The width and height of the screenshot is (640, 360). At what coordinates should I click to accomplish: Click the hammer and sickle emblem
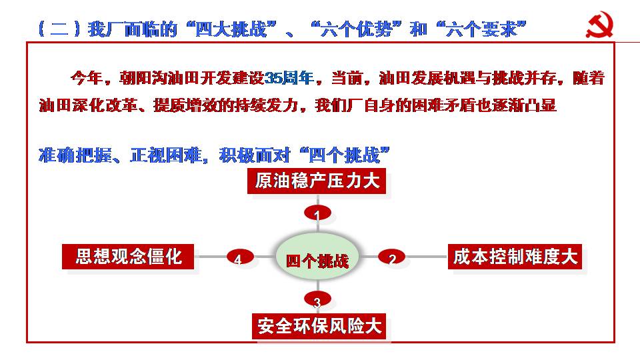tap(599, 25)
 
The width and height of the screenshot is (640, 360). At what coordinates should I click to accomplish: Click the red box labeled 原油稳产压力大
tap(317, 181)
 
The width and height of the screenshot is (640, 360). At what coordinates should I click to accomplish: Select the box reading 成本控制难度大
tap(515, 257)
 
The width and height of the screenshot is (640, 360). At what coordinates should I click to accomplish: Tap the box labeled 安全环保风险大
tap(319, 326)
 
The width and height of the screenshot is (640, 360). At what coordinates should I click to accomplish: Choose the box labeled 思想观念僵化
tap(128, 257)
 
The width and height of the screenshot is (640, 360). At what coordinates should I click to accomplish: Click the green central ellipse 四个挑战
tap(317, 257)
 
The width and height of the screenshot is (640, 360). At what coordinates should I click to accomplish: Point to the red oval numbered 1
tap(317, 213)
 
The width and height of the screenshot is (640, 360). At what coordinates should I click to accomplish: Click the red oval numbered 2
tap(392, 257)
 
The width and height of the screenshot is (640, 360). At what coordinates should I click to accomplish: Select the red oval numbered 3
tap(317, 299)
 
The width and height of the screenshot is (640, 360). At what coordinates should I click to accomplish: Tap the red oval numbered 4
tap(240, 257)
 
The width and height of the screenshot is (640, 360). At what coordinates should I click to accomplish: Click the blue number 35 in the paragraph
tap(273, 77)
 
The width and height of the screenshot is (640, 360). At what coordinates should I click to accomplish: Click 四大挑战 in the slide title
tap(231, 29)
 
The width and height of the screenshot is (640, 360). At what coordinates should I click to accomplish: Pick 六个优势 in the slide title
tap(356, 29)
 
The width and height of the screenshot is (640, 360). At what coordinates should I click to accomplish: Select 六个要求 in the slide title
tap(481, 29)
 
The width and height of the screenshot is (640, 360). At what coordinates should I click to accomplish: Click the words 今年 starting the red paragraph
tap(86, 77)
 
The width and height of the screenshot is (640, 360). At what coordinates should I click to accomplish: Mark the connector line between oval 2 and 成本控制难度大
tap(427, 257)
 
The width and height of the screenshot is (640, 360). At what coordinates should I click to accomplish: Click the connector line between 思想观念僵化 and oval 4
tap(210, 257)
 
